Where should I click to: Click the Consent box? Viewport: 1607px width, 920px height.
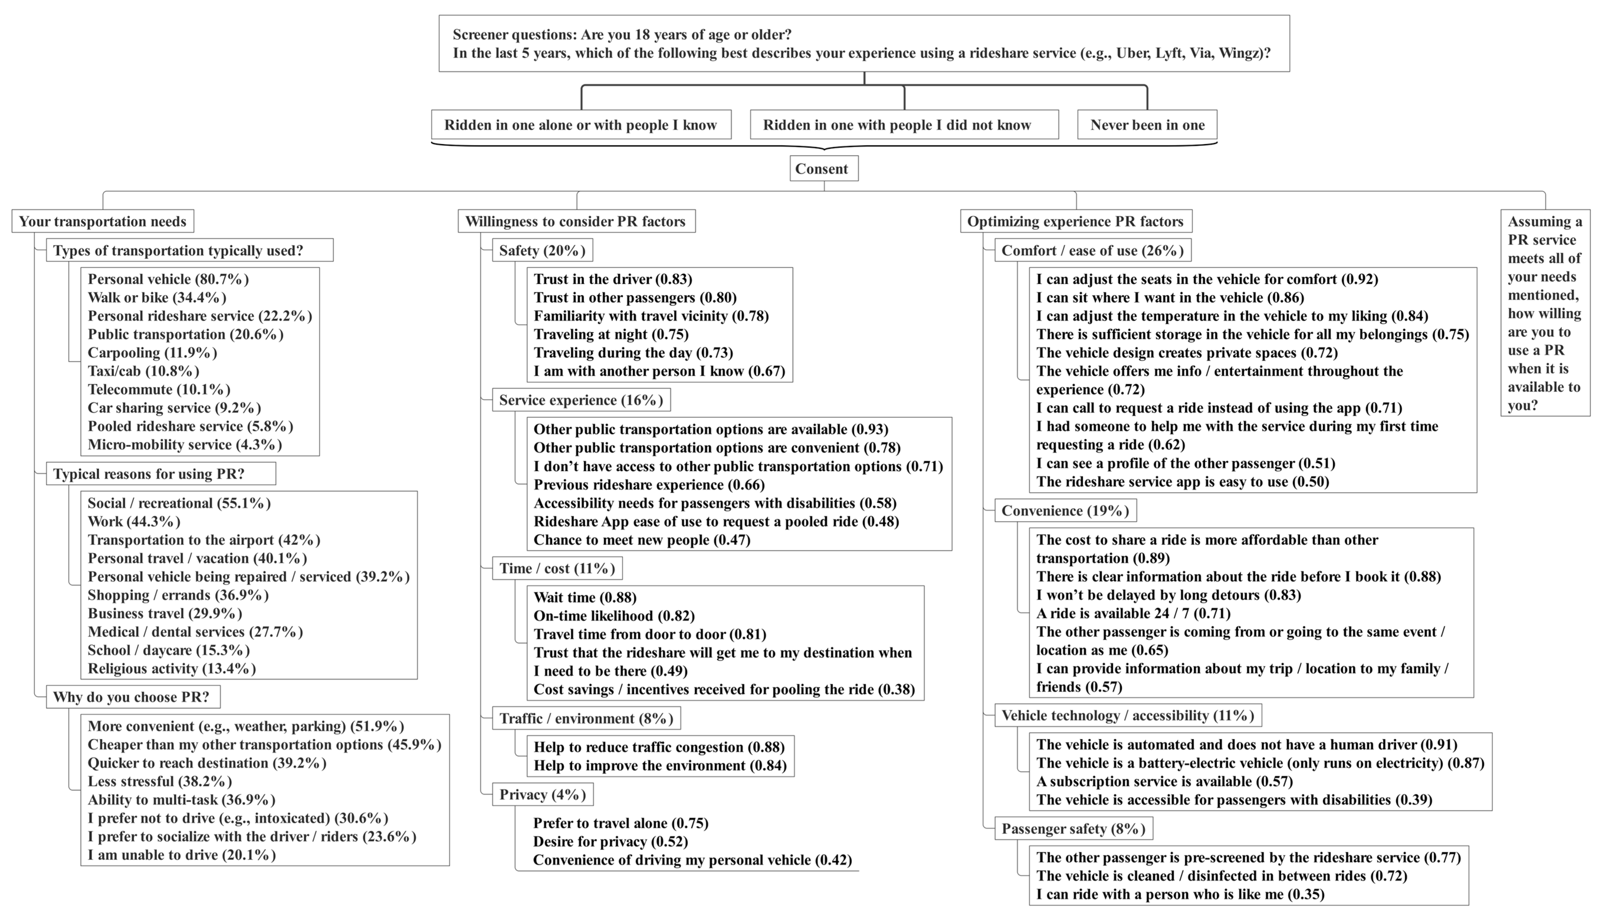point(824,169)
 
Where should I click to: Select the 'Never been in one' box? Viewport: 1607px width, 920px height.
point(1147,125)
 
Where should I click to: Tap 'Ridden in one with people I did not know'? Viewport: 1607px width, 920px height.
point(904,125)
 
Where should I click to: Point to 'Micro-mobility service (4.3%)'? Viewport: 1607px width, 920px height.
point(185,445)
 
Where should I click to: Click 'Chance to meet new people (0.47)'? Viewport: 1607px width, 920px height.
point(641,540)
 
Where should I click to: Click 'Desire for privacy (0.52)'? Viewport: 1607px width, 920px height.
point(610,842)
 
